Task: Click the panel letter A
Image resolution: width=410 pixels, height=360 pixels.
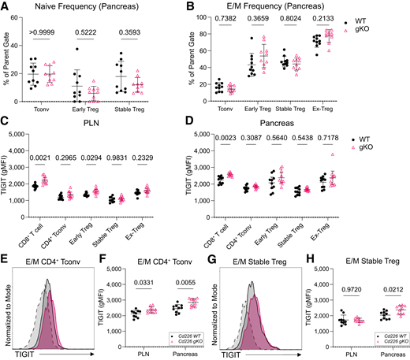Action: (x=6, y=7)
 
